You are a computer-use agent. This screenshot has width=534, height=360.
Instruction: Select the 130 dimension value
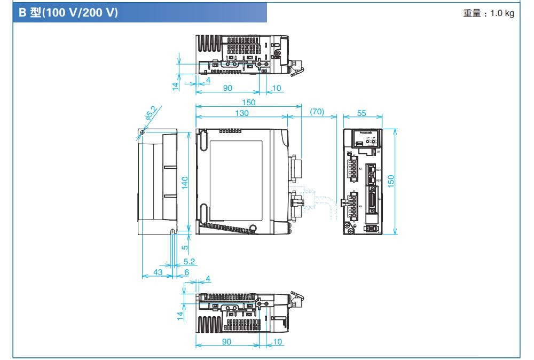pos(241,112)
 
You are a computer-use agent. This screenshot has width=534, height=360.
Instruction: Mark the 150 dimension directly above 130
pos(248,102)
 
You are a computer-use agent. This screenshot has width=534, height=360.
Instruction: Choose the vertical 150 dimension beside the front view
pos(391,182)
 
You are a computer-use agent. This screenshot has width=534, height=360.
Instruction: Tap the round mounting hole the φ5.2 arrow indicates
pos(142,132)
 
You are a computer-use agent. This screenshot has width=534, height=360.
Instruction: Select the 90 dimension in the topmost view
pos(227,89)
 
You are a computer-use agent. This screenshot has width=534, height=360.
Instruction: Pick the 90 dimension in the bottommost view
pos(227,342)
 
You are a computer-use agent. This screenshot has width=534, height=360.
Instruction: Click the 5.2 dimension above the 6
pos(189,262)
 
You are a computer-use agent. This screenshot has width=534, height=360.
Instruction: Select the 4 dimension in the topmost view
pos(208,80)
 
